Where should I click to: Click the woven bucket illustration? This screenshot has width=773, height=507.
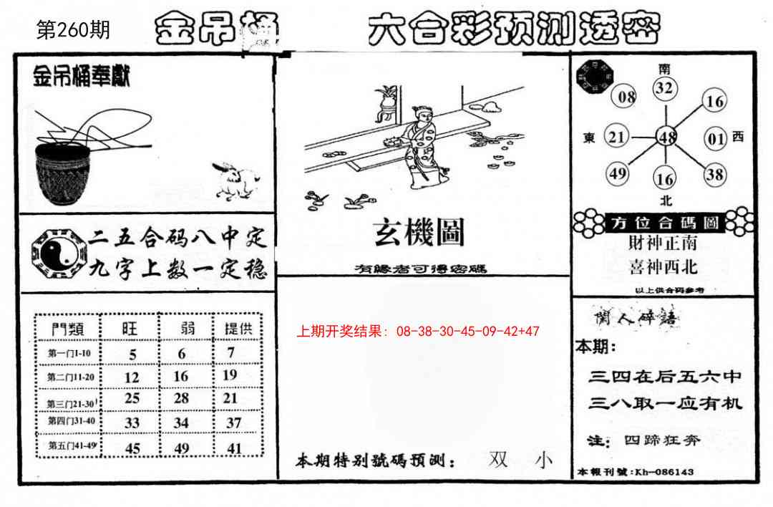click(x=62, y=172)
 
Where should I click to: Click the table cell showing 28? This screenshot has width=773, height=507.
click(x=182, y=397)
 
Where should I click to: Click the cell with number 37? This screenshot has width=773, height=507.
click(x=233, y=422)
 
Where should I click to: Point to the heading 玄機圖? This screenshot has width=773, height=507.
click(x=419, y=232)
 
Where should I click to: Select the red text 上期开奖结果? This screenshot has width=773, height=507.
click(x=340, y=332)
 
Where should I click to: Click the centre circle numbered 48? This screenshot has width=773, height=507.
click(x=667, y=137)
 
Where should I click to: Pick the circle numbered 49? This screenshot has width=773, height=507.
click(x=618, y=174)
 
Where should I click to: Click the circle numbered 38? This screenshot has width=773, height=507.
click(x=714, y=173)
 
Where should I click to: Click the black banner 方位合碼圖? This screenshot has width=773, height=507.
click(x=665, y=223)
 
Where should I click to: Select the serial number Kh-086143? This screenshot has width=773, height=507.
click(x=664, y=473)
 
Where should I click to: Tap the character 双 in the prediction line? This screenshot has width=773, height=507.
click(x=498, y=460)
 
